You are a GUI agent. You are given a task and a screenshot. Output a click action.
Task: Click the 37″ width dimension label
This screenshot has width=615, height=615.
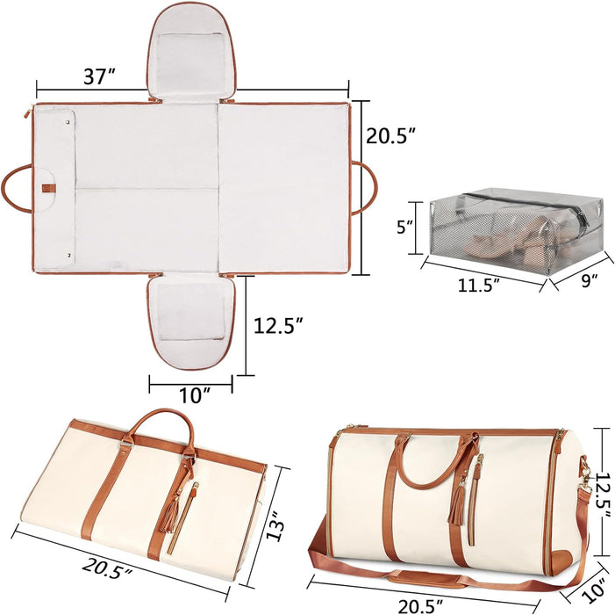click(x=100, y=76)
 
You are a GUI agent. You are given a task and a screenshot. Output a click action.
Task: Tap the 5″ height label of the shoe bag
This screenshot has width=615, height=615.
click(x=404, y=227)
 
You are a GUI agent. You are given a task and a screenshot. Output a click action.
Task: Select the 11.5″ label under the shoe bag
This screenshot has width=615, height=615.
click(x=479, y=285)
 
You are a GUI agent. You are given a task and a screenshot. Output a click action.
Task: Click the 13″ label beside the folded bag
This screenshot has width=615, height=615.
click(x=275, y=525)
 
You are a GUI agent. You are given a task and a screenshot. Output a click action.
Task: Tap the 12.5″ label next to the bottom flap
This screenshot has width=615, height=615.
click(x=278, y=326)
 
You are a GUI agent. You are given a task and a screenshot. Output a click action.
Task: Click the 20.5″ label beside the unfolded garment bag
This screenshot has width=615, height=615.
click(x=390, y=136)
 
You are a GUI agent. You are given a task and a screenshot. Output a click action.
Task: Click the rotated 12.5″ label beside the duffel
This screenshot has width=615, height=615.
click(x=604, y=496)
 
